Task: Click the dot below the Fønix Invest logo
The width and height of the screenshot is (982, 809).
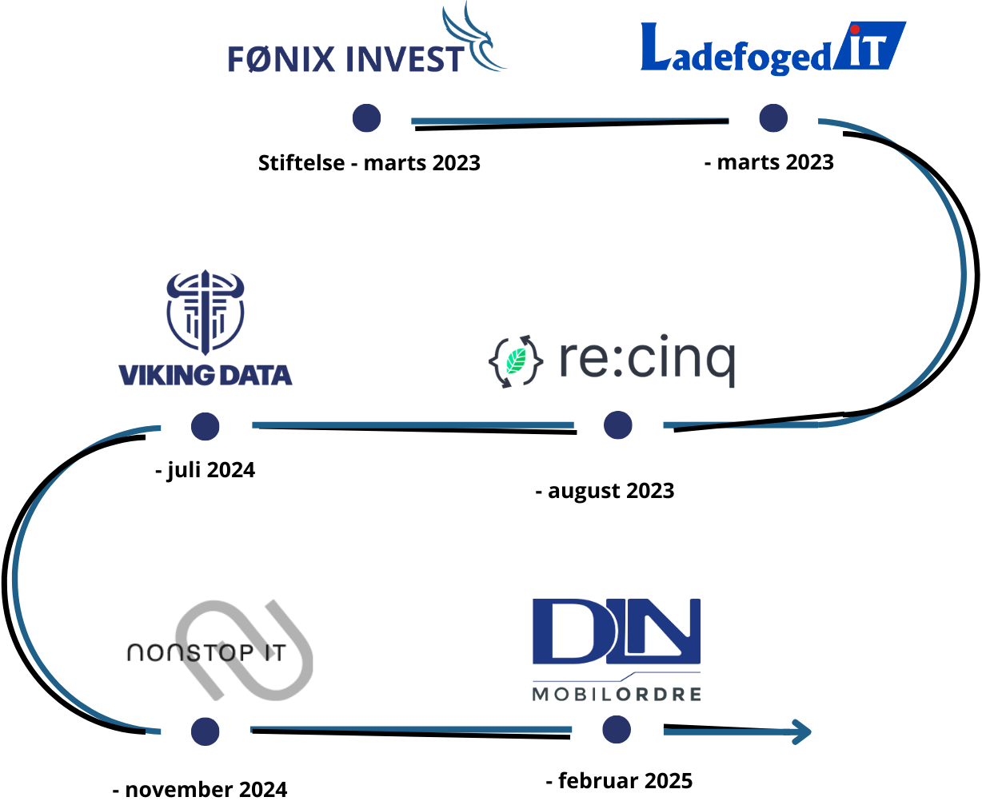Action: pos(367,118)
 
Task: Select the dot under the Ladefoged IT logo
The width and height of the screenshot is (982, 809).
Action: pos(773,118)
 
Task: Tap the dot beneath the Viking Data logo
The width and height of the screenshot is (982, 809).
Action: pos(206,426)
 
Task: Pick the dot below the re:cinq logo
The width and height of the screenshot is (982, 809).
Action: pos(618,425)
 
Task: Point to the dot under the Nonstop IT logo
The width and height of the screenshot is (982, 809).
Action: pos(206,731)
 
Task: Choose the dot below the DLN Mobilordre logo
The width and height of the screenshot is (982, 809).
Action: pos(617,730)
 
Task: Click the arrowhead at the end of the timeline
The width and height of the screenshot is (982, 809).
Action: pos(802,731)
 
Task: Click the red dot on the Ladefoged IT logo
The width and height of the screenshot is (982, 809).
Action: pos(855,30)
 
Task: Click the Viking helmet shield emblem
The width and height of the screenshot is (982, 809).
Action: pos(206,313)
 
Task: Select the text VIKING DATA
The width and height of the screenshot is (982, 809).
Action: pos(206,375)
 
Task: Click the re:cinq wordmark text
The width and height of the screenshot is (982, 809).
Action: pos(646,360)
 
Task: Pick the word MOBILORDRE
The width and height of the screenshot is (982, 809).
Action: pos(617,694)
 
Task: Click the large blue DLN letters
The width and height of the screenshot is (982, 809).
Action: pos(617,632)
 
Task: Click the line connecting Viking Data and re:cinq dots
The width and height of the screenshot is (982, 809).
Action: pos(412,425)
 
